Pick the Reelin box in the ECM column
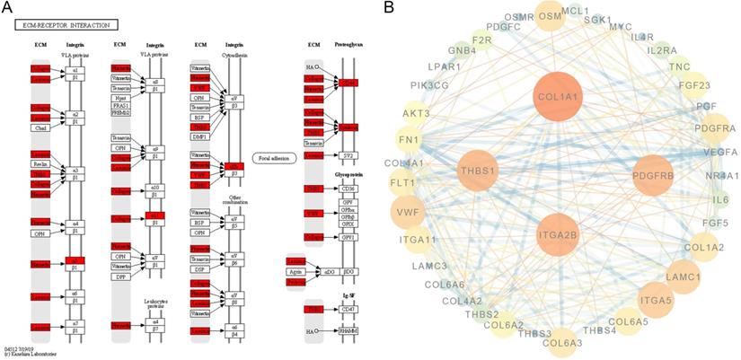click(x=40, y=163)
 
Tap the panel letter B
click(x=389, y=9)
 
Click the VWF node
click(x=407, y=213)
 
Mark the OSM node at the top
click(x=550, y=15)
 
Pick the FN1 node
click(x=410, y=141)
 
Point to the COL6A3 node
click(x=561, y=341)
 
